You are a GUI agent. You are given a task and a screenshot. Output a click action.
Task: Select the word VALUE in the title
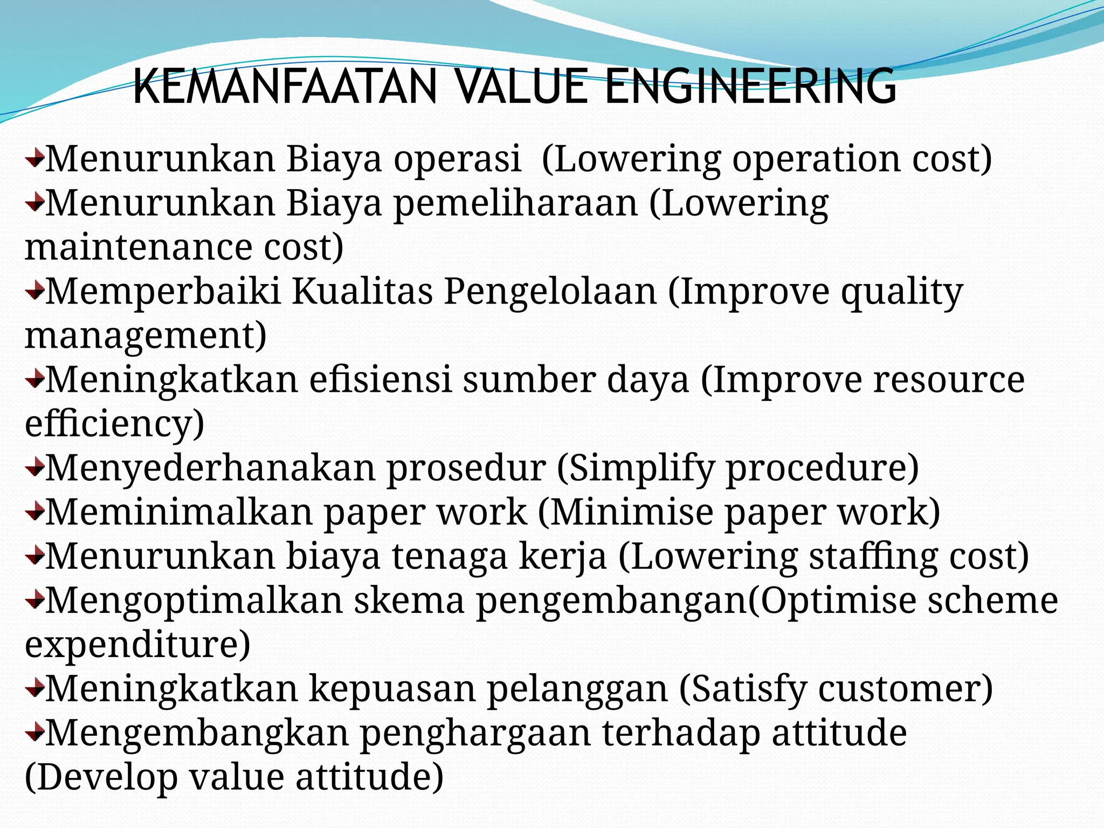(520, 87)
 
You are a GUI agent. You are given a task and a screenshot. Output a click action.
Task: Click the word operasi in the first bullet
(457, 160)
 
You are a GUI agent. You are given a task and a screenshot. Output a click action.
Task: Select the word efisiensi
(380, 379)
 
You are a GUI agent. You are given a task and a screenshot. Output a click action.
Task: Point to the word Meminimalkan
(179, 512)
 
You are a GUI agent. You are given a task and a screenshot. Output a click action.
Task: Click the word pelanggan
(577, 688)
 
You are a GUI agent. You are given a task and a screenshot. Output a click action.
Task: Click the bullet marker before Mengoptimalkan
(34, 600)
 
